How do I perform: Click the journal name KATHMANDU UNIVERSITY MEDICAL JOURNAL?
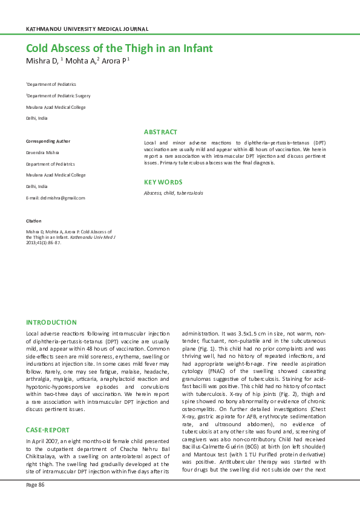coord(87,29)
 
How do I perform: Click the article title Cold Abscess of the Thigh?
coord(119,48)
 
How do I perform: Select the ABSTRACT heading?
coord(160,132)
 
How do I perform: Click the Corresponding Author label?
coord(48,141)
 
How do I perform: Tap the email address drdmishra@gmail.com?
coord(55,198)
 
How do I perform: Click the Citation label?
coord(33,221)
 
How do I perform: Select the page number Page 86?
coord(35,484)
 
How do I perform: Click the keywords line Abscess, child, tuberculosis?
coord(174,193)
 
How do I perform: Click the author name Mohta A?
coord(80,62)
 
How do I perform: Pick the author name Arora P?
coord(114,62)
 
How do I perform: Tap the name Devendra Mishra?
coord(42,152)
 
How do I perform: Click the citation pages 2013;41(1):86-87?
coord(44,242)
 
